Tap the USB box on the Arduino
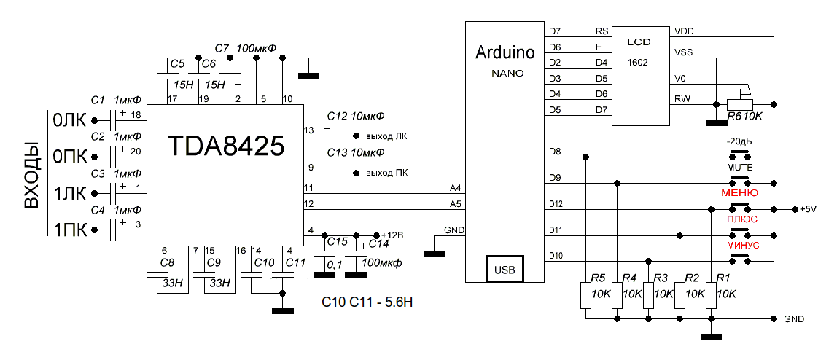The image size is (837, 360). pyautogui.click(x=503, y=270)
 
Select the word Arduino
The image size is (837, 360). pyautogui.click(x=504, y=52)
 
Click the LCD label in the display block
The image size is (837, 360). pyautogui.click(x=639, y=43)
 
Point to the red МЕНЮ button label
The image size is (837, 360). pyautogui.click(x=739, y=193)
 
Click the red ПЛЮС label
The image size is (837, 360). pyautogui.click(x=741, y=219)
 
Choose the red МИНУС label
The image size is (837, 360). pyautogui.click(x=742, y=246)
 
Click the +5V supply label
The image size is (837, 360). pyautogui.click(x=809, y=209)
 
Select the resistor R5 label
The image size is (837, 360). pyautogui.click(x=599, y=278)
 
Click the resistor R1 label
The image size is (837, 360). pyautogui.click(x=723, y=278)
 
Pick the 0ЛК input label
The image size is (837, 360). pyautogui.click(x=70, y=120)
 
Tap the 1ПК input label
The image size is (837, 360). pyautogui.click(x=70, y=231)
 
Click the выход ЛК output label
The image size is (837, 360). pyautogui.click(x=386, y=136)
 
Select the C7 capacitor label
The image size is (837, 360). pyautogui.click(x=223, y=48)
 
